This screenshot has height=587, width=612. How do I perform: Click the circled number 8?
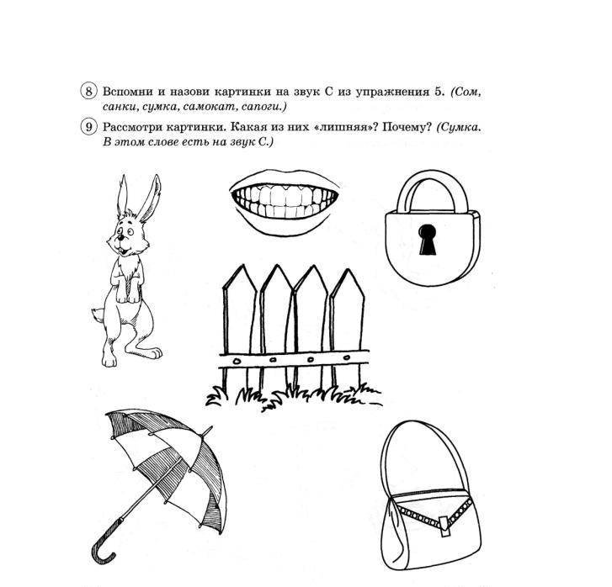[89, 92]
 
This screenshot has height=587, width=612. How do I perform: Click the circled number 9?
[89, 127]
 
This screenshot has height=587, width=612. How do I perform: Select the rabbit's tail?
[95, 315]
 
